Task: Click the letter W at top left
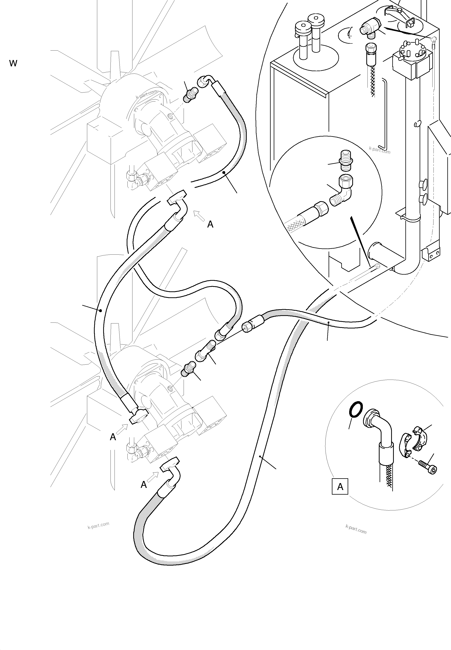(x=13, y=63)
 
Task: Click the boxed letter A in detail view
(x=340, y=486)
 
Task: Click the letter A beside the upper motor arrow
(x=210, y=224)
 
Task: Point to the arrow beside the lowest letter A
(x=153, y=477)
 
